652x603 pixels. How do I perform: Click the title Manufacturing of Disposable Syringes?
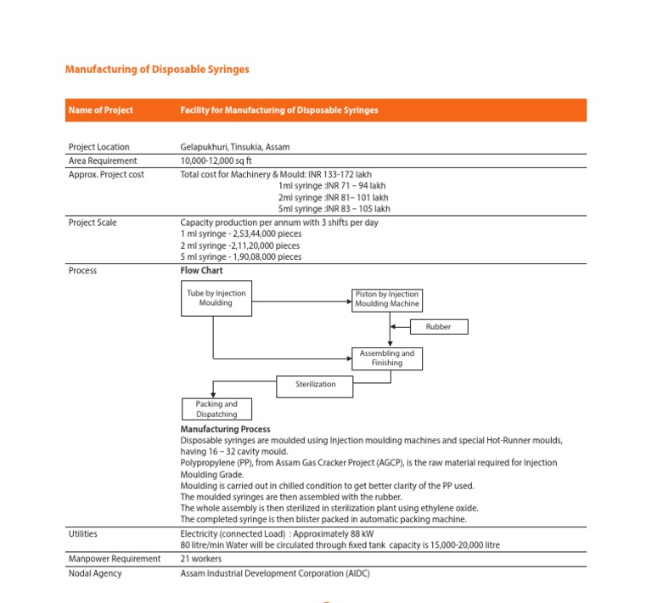coord(157,69)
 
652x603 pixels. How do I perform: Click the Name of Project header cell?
coord(101,110)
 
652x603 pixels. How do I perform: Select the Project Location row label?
coord(99,147)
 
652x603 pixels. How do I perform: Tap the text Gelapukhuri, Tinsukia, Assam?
coord(235,147)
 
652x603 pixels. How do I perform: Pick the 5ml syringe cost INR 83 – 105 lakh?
coord(334,209)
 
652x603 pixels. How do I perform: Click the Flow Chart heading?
coord(202,271)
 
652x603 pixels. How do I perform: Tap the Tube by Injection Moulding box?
coord(216,298)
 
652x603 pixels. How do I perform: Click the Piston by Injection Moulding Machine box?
coord(387,299)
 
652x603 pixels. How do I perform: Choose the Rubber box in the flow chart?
coord(439,326)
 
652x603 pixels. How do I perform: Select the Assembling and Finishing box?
coord(387,358)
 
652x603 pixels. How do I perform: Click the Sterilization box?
coord(316,385)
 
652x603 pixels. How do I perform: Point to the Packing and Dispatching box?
coord(216,409)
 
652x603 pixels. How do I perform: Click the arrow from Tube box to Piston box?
coord(301,299)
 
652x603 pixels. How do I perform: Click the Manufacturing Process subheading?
coord(226,430)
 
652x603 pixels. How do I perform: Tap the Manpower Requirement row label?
coord(115,559)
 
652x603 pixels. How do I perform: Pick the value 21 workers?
coord(201,559)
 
